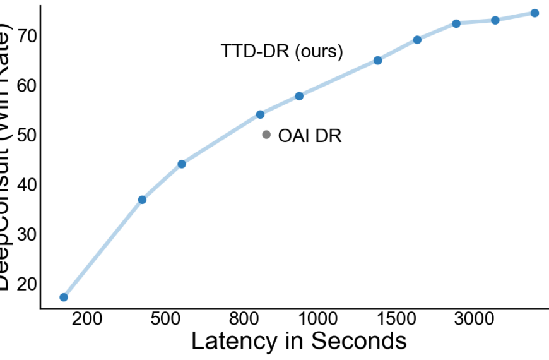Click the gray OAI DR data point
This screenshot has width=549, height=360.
[x=266, y=135]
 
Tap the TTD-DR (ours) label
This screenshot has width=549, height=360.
[x=281, y=52]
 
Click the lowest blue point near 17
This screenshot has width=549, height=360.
[x=64, y=297]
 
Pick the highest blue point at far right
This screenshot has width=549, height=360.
[x=534, y=13]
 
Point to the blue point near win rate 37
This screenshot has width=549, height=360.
[x=142, y=200]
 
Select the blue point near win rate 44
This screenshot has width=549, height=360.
[x=182, y=164]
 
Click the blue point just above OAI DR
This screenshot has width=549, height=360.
[x=260, y=114]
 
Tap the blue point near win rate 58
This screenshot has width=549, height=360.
[x=299, y=96]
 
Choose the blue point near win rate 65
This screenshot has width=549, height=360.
[x=377, y=60]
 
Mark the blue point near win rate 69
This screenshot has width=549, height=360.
[x=417, y=40]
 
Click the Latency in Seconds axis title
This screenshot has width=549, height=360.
[x=298, y=341]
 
